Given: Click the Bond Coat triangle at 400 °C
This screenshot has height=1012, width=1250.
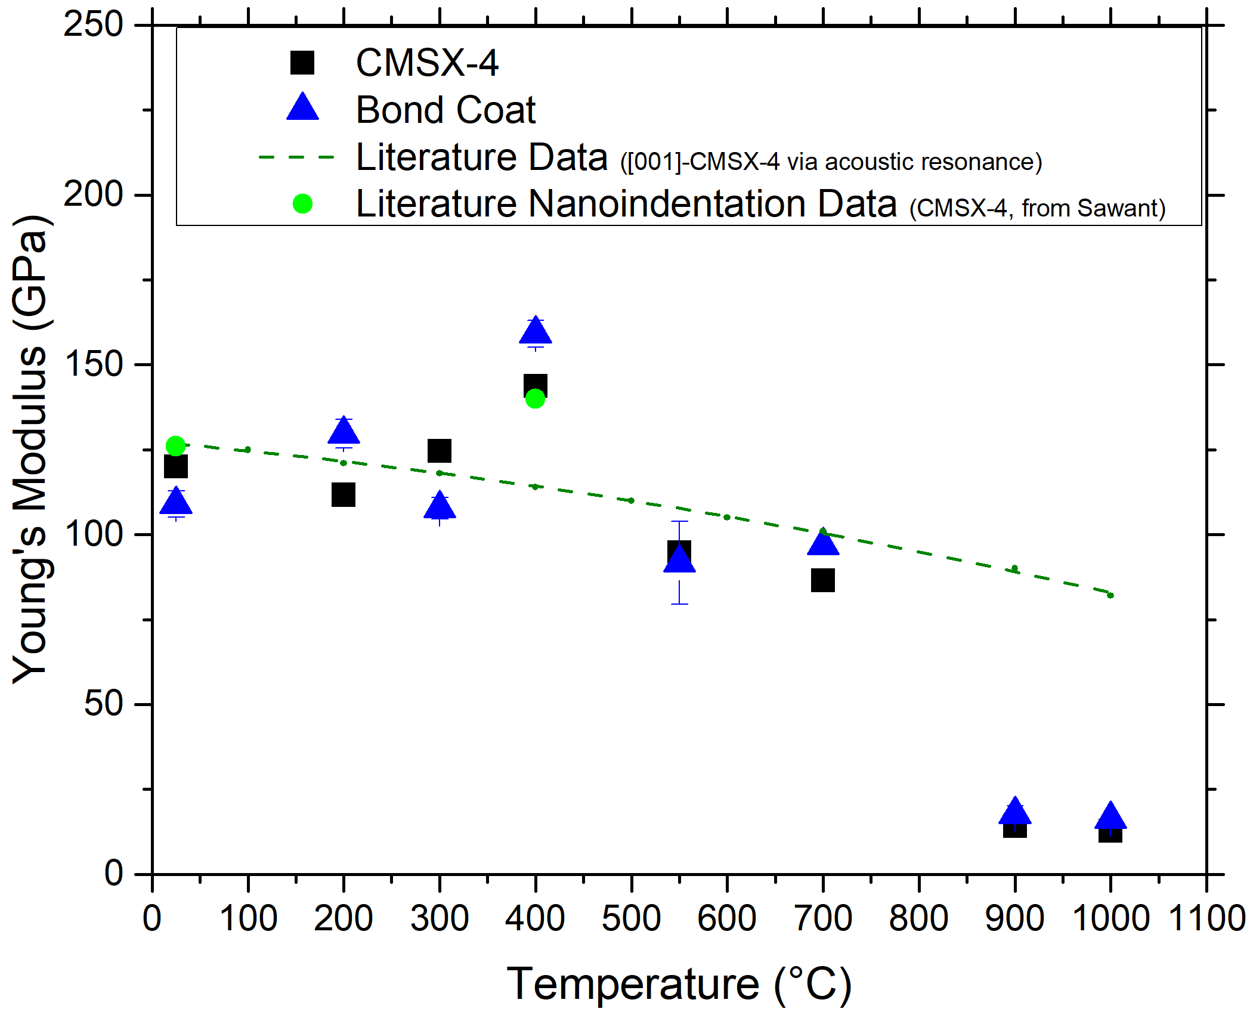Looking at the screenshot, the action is coord(536,331).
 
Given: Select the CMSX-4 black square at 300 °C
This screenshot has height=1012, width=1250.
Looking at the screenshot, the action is coord(440,451).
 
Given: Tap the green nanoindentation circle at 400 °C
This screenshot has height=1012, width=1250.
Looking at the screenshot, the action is coord(536,399).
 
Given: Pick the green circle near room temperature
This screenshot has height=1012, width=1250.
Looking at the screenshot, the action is coord(175,445).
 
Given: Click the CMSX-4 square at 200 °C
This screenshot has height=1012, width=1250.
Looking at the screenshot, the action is coord(344,495).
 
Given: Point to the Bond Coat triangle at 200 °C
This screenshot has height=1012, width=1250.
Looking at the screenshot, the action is coord(344,431).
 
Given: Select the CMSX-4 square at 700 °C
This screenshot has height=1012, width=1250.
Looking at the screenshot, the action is coord(823,580).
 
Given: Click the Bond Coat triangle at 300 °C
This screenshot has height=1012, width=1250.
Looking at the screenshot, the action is coord(440,506).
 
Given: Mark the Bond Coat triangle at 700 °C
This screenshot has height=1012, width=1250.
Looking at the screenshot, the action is coord(823,542).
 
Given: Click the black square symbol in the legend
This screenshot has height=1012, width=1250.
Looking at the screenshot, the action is coord(302,63).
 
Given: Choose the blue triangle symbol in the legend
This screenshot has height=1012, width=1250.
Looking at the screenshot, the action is coord(302,107).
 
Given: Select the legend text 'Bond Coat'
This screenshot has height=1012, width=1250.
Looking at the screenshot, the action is coord(445,110).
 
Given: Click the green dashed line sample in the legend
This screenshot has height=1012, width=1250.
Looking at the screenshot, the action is coord(296,157).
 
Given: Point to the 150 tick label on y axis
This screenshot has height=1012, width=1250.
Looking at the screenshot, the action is coord(93,364).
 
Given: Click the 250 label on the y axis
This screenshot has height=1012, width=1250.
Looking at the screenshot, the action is coord(93,25).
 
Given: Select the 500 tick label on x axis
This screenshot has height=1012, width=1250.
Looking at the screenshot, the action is coord(632,918).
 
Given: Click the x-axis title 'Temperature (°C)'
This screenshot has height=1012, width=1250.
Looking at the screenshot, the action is coord(679,984).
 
